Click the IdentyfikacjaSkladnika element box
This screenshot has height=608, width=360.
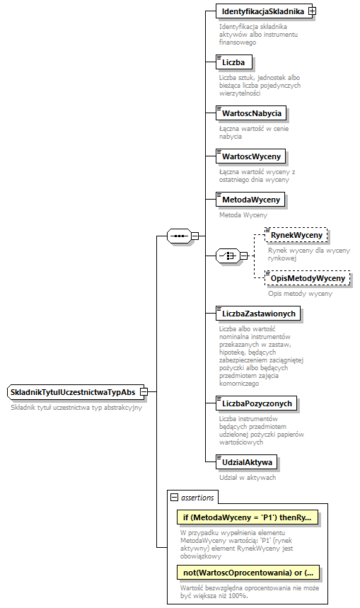pyautogui.click(x=262, y=12)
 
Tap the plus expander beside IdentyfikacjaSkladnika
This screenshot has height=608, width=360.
pyautogui.click(x=312, y=12)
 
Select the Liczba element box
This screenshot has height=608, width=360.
pyautogui.click(x=234, y=62)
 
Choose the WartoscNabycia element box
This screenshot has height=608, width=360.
pyautogui.click(x=252, y=113)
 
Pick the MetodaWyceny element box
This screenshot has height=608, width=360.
pyautogui.click(x=252, y=200)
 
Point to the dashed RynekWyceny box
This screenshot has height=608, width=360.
pyautogui.click(x=297, y=234)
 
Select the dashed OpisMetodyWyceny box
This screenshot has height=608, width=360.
pyautogui.click(x=308, y=278)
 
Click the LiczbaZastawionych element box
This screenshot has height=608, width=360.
pyautogui.click(x=258, y=313)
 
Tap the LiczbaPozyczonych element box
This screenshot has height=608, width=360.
pyautogui.click(x=257, y=403)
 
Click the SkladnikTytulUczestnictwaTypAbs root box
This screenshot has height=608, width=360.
pyautogui.click(x=73, y=392)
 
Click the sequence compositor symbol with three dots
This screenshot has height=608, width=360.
pyautogui.click(x=178, y=236)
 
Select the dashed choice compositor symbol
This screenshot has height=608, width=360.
pyautogui.click(x=228, y=256)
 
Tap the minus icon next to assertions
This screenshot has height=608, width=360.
pyautogui.click(x=174, y=498)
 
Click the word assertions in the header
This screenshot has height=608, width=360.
pyautogui.click(x=199, y=498)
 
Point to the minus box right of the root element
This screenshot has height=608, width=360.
pyautogui.click(x=144, y=392)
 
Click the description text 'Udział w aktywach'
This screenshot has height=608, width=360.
pyautogui.click(x=247, y=478)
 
